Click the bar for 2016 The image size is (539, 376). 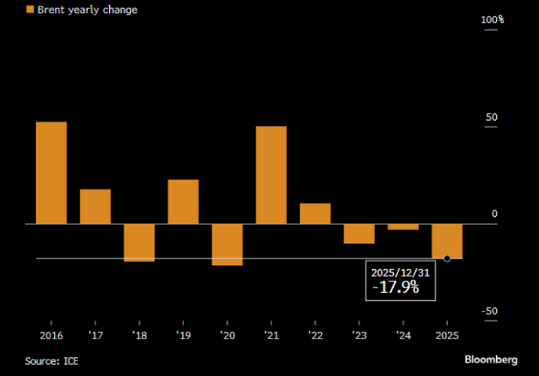pyautogui.click(x=51, y=173)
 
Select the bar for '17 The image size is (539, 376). pyautogui.click(x=95, y=206)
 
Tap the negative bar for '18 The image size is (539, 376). pyautogui.click(x=139, y=242)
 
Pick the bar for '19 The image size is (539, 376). pyautogui.click(x=183, y=201)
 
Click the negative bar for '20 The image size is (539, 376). pyautogui.click(x=227, y=245)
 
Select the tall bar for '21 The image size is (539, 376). pyautogui.click(x=271, y=175)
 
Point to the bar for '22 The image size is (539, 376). pyautogui.click(x=315, y=213)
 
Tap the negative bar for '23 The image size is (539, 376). pyautogui.click(x=359, y=233)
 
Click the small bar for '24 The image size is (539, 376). pyautogui.click(x=403, y=227)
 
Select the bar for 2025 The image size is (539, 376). pyautogui.click(x=447, y=241)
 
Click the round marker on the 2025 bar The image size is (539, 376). pyautogui.click(x=447, y=258)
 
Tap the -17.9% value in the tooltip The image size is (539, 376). pyautogui.click(x=395, y=287)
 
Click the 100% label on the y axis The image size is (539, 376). pyautogui.click(x=492, y=19)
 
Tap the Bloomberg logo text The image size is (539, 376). pyautogui.click(x=491, y=360)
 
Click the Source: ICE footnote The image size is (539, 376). pyautogui.click(x=51, y=361)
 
